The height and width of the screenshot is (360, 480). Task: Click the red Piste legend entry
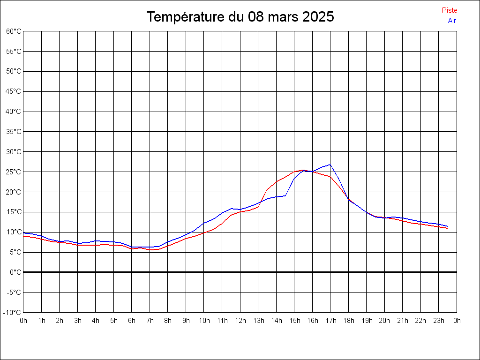click(449, 10)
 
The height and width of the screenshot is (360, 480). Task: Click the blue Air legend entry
click(452, 21)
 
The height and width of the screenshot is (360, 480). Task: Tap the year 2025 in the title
click(318, 17)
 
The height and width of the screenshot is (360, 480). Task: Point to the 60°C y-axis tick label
click(14, 31)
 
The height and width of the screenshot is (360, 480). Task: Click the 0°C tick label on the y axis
click(15, 272)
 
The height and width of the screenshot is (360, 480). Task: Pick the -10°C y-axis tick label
click(13, 312)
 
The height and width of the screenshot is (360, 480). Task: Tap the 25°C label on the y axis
click(14, 172)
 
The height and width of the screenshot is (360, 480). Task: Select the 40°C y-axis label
click(14, 112)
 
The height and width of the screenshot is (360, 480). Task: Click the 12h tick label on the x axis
click(240, 321)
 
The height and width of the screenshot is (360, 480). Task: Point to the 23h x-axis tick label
click(439, 321)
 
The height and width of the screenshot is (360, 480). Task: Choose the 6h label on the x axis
click(132, 321)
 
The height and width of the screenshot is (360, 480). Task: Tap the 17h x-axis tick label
click(330, 321)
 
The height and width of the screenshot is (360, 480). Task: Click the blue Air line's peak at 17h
click(330, 165)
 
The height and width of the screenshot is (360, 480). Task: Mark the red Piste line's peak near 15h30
click(303, 170)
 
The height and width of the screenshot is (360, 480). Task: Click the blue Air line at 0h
click(24, 233)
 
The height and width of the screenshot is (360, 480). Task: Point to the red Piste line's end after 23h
click(447, 228)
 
